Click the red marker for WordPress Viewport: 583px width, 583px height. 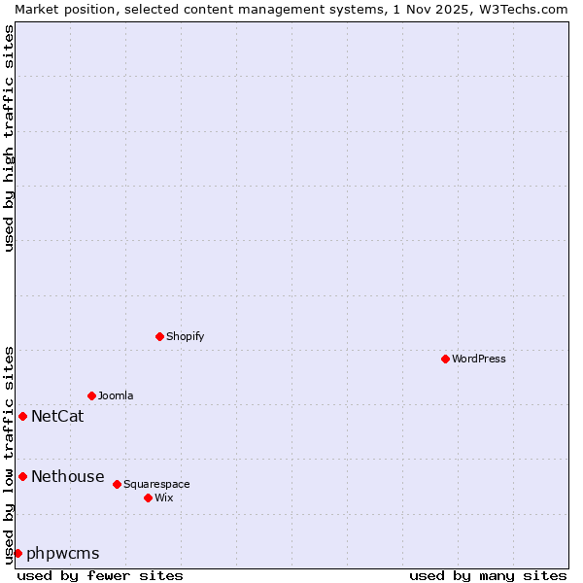445,359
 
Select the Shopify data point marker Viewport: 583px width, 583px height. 159,336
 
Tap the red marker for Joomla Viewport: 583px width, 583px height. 91,395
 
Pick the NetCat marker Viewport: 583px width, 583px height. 22,416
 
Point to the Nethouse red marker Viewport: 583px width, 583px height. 22,476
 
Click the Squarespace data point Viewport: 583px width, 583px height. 117,484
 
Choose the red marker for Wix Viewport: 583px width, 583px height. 148,497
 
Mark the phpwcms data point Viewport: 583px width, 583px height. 17,553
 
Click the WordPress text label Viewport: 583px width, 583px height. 479,359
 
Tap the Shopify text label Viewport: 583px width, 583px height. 185,336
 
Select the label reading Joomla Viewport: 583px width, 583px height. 116,395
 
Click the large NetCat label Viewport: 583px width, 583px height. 57,417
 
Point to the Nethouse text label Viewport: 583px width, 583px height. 67,476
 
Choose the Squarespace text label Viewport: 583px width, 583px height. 156,484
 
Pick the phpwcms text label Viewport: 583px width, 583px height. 62,554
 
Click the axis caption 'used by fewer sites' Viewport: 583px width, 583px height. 100,575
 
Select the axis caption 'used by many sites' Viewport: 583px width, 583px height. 488,575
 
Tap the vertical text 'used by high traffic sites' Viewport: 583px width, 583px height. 9,138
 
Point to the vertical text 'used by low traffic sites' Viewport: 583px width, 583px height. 9,454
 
